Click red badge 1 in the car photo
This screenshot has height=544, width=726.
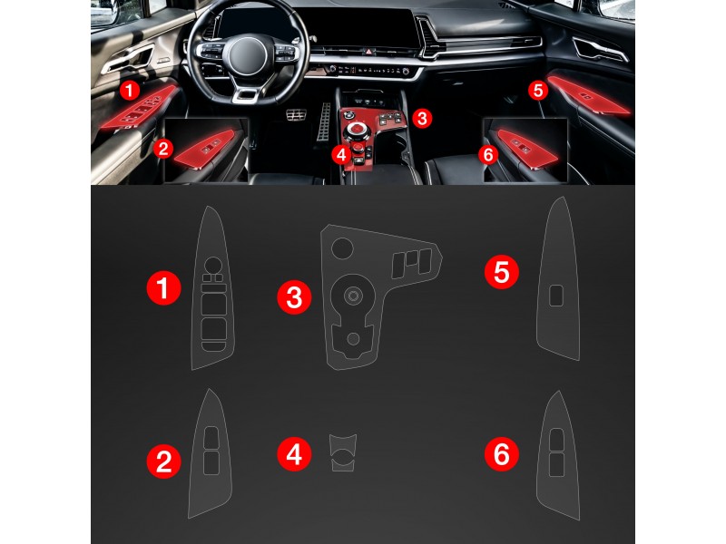[x=129, y=90]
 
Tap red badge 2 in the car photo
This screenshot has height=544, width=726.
[x=163, y=149]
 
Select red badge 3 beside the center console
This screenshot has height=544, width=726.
[x=422, y=118]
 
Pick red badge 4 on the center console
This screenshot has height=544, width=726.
[x=341, y=155]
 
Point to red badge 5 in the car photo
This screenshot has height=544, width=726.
[x=537, y=90]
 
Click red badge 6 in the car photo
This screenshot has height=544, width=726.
[x=488, y=154]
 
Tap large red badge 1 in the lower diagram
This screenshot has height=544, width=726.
[x=163, y=287]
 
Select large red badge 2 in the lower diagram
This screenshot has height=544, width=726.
[x=163, y=461]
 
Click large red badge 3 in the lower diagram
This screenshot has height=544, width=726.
[x=294, y=297]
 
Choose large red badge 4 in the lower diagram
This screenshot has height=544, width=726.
[x=294, y=454]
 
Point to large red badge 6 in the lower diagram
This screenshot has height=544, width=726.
[x=502, y=454]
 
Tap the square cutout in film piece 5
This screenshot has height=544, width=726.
[x=556, y=296]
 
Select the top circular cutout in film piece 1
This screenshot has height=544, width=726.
[x=213, y=264]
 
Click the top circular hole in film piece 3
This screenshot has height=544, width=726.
[x=343, y=248]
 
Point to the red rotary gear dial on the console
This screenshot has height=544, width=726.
[x=357, y=129]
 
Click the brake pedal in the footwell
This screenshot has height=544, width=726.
[x=296, y=114]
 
